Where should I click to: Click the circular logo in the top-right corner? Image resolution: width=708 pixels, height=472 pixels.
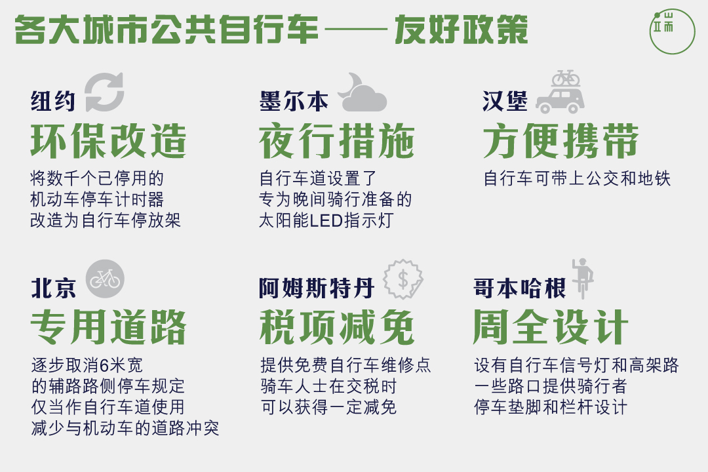[672, 31]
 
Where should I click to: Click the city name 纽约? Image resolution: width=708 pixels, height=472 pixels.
[53, 100]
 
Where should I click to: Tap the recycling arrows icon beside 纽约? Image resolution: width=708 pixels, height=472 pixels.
[104, 92]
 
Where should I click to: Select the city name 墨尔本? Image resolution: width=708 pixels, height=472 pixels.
[294, 101]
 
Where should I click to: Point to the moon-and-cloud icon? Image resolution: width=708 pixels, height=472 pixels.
[362, 92]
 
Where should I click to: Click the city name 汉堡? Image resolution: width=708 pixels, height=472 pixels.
[504, 101]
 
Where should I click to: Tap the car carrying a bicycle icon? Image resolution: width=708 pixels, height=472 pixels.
[560, 92]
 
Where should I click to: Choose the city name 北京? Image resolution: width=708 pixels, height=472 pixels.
[53, 288]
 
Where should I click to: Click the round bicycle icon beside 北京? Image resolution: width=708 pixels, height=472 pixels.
[105, 279]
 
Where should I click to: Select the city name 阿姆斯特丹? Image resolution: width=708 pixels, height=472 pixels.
[317, 288]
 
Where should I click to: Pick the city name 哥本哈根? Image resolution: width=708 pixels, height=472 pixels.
[519, 288]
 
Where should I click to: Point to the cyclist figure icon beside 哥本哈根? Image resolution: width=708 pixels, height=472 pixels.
[583, 278]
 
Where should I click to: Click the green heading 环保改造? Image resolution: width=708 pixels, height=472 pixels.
[108, 141]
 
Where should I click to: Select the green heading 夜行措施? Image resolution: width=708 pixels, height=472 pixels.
[337, 141]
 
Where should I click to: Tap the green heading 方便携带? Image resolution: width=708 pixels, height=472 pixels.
[560, 141]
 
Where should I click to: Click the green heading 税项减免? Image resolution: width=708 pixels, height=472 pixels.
[337, 328]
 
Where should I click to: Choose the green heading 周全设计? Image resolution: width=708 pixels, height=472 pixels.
[551, 328]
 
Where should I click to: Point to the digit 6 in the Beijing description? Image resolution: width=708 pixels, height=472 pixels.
[104, 365]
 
